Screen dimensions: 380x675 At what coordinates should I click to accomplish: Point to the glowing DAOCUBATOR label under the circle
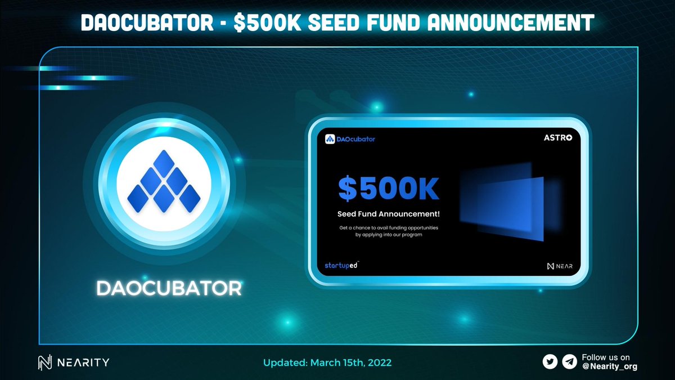[x=169, y=288]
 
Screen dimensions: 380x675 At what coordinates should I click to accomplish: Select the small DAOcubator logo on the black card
[x=350, y=138]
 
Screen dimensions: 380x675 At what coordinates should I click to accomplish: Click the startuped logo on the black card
[x=341, y=265]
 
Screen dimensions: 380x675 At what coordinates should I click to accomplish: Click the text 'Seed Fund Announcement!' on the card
[x=388, y=214]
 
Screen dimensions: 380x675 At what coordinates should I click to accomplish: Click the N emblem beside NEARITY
[x=45, y=363]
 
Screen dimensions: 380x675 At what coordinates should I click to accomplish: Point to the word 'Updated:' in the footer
[x=286, y=363]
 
